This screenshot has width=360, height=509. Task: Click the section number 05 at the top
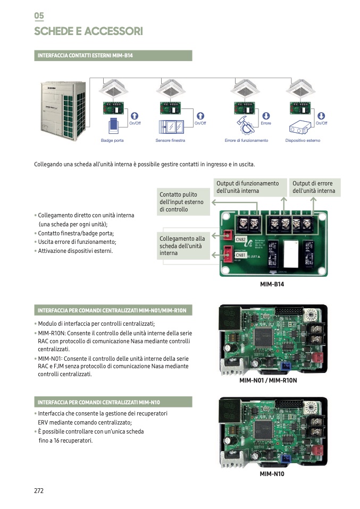pyautogui.click(x=39, y=16)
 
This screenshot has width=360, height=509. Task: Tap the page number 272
pyautogui.click(x=39, y=490)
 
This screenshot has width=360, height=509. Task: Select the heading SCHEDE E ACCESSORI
pyautogui.click(x=88, y=32)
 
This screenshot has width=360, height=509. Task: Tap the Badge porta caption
pyautogui.click(x=112, y=140)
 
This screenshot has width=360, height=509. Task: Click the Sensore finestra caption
pyautogui.click(x=170, y=140)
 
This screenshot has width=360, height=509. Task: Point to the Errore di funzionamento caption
pyautogui.click(x=246, y=140)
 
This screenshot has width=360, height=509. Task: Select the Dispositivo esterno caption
pyautogui.click(x=303, y=140)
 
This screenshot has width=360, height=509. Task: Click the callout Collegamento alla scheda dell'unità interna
pyautogui.click(x=183, y=246)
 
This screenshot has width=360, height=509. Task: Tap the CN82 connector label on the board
pyautogui.click(x=240, y=240)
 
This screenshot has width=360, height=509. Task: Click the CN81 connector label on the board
pyautogui.click(x=240, y=255)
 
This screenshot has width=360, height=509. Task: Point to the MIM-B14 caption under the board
pyautogui.click(x=272, y=284)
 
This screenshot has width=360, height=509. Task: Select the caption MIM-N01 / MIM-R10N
pyautogui.click(x=268, y=380)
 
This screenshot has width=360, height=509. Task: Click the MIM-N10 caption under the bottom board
pyautogui.click(x=272, y=473)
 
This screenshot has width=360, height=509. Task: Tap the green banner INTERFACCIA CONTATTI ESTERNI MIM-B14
pyautogui.click(x=113, y=56)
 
